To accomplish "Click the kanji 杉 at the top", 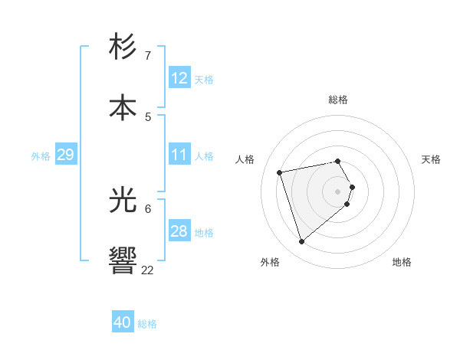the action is (x=123, y=48).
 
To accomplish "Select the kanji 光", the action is (x=123, y=201).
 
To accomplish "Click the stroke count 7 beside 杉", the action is (x=148, y=56).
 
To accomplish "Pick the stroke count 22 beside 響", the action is (x=148, y=270).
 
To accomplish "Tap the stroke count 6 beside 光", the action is (x=148, y=208).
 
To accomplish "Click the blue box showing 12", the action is (x=179, y=78).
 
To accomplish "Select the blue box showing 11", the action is (x=179, y=155).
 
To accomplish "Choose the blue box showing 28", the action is (x=179, y=231).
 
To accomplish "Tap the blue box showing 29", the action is (x=65, y=155).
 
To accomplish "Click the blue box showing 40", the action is (x=123, y=322).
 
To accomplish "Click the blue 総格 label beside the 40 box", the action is (x=147, y=324).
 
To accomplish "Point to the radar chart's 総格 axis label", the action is (x=338, y=100).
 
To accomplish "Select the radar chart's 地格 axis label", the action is (x=402, y=263).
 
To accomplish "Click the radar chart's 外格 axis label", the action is (x=270, y=263).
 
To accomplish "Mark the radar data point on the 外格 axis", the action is (x=302, y=242).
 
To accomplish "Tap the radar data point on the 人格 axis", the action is (x=280, y=172).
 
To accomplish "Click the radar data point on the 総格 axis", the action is (x=338, y=161).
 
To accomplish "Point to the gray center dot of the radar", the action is (x=338, y=191).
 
